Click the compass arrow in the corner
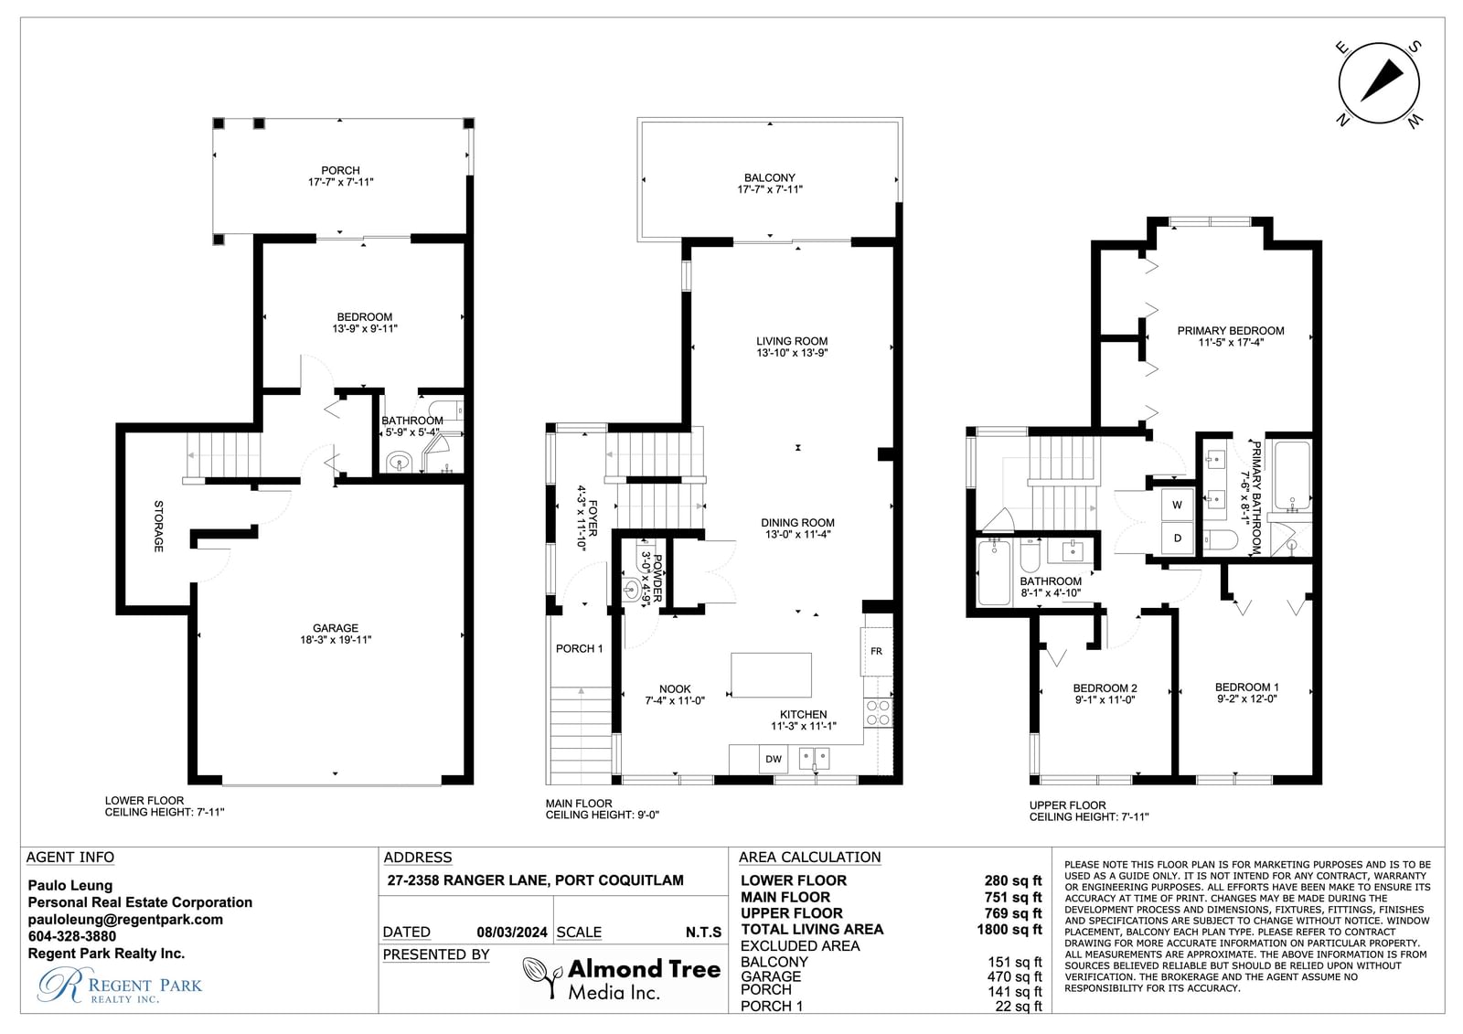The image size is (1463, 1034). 1382,90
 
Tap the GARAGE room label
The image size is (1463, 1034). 335,628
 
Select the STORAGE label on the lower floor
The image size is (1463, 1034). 158,526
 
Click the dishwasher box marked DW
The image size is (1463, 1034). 774,758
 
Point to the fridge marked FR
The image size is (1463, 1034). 876,651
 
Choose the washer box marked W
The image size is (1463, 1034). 1178,505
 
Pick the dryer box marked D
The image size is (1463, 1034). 1178,538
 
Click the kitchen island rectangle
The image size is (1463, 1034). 771,675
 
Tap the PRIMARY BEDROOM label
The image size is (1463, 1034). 1231,331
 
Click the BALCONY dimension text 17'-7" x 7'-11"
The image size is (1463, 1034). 769,189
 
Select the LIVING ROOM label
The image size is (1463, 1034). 792,341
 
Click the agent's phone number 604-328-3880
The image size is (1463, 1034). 72,936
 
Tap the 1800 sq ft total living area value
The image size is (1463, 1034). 1009,929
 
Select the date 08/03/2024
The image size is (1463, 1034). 512,933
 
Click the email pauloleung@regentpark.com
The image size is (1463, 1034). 125,919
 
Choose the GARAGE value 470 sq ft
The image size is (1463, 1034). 1014,976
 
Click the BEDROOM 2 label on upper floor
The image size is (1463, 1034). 1105,688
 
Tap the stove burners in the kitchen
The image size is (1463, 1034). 878,712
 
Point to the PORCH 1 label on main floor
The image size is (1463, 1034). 580,648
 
